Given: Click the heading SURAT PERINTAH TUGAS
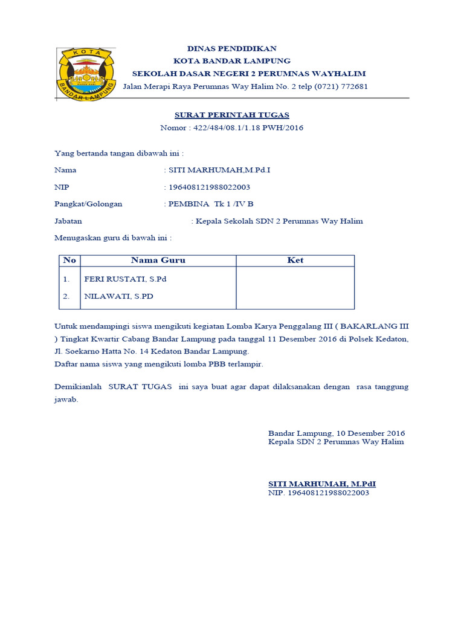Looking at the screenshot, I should click(231, 115).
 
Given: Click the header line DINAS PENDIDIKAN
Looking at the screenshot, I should click(231, 48).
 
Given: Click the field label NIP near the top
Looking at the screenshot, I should click(62, 187).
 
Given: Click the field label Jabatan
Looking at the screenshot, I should click(68, 221).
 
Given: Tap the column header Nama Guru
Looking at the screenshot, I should click(158, 261).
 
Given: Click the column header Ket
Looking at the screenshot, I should click(295, 261).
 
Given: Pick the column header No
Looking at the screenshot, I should click(69, 261).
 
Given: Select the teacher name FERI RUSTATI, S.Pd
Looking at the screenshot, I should click(125, 279).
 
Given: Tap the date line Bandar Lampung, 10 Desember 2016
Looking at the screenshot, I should click(336, 433).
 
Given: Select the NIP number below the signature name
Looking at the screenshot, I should click(318, 493).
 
